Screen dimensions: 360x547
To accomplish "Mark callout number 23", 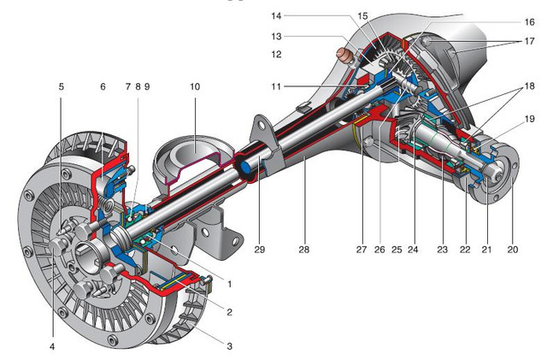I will [x=443, y=251].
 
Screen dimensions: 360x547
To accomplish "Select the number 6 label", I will [x=103, y=86].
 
